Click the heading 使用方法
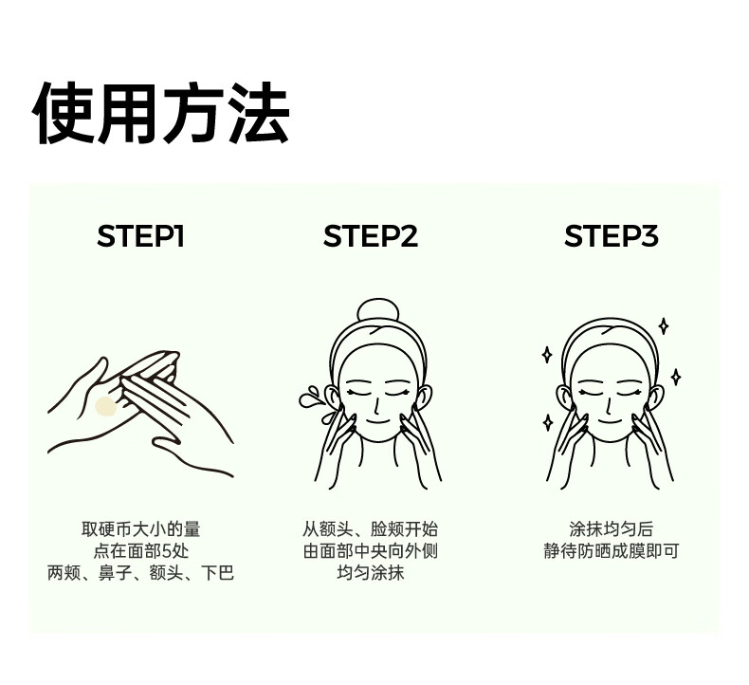161,113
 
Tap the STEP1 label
140,235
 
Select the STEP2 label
371,235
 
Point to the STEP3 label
612,235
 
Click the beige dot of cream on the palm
105,406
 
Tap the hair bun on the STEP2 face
377,310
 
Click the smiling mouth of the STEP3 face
609,421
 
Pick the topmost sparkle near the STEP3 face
664,326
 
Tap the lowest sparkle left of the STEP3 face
548,422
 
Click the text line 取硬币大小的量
141,529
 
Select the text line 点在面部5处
141,550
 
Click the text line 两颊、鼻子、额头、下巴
141,572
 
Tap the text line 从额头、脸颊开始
370,529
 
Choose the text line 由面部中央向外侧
370,550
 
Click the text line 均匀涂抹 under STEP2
370,572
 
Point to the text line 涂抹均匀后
611,529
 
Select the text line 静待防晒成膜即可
611,550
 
